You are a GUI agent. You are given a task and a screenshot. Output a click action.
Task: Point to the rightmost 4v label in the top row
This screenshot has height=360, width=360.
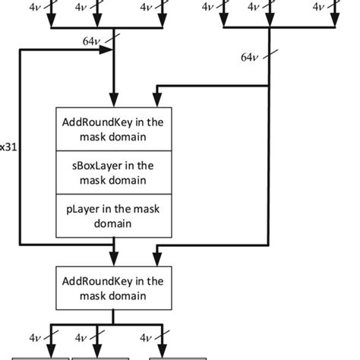[x=322, y=7]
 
